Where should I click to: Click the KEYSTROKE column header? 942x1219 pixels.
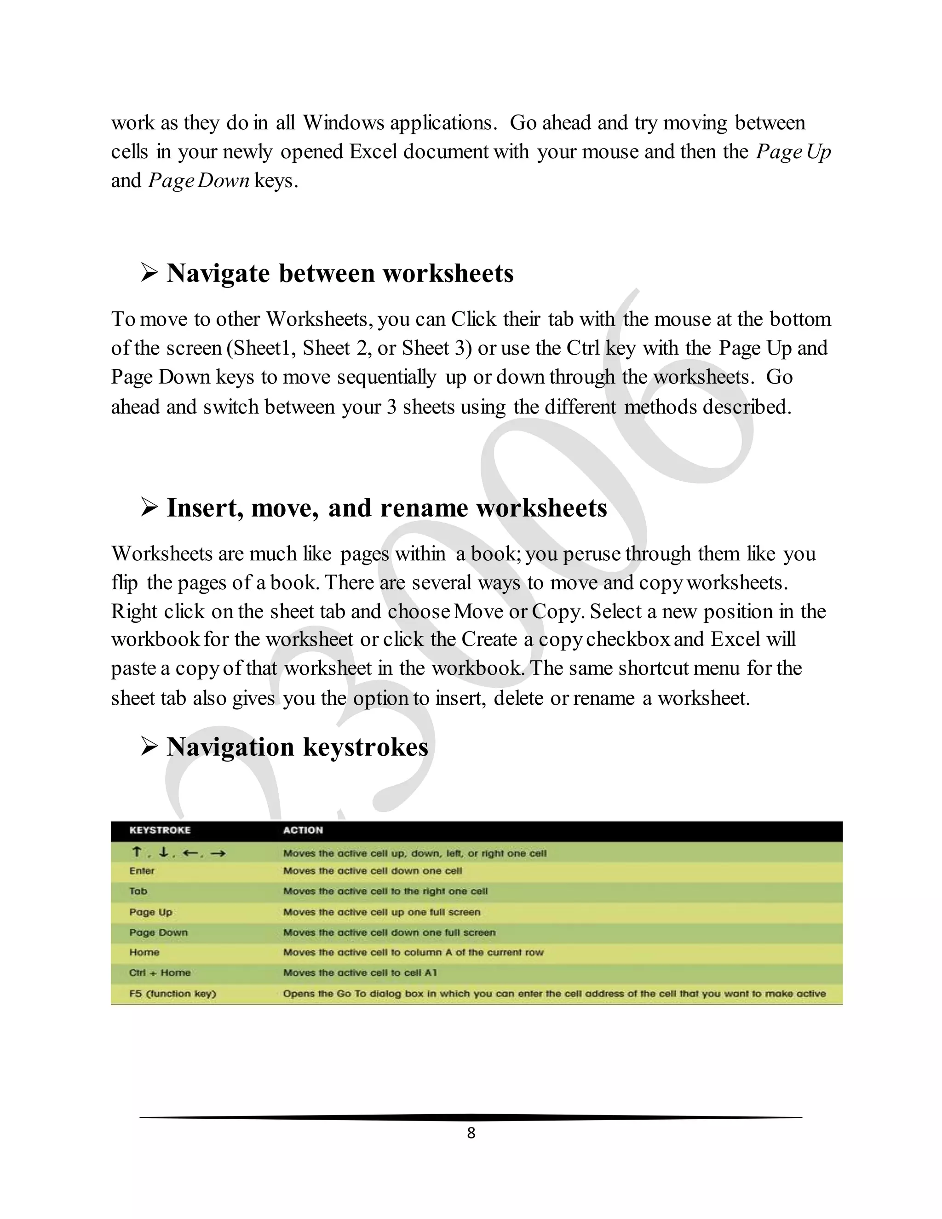pos(160,830)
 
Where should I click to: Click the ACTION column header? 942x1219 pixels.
pos(303,830)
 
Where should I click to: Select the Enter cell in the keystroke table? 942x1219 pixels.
pos(142,871)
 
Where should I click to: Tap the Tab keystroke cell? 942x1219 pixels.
pos(138,891)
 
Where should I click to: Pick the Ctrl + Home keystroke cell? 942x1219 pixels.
pos(160,973)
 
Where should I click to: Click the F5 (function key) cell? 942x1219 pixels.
pos(172,994)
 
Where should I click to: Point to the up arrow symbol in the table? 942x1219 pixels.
pos(136,852)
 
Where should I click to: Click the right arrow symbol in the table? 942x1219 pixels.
pos(218,853)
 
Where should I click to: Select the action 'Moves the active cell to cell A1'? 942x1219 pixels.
pos(360,973)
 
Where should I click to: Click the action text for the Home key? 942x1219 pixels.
pos(413,952)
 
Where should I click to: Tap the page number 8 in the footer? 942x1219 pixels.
pos(471,1133)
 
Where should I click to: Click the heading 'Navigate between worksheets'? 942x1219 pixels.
pos(340,274)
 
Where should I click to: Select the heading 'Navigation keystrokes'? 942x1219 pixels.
pos(297,747)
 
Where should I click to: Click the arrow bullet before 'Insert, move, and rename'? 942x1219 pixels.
pos(149,507)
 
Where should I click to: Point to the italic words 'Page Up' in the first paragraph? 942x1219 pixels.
pos(793,152)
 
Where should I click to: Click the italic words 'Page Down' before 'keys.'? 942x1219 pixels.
pos(198,181)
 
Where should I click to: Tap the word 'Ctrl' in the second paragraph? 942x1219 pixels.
pos(583,348)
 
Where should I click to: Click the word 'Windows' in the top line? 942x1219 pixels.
pos(343,123)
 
